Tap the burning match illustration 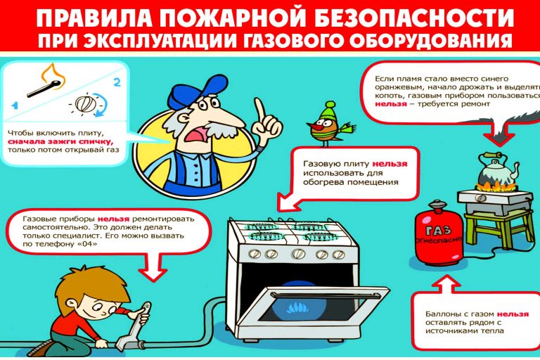click(46, 82)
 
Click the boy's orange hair click(89, 283)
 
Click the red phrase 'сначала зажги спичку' click(60, 141)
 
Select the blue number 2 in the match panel click(117, 82)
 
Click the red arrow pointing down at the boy click(153, 265)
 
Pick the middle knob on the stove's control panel click(298, 254)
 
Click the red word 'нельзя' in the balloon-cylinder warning click(513, 314)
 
